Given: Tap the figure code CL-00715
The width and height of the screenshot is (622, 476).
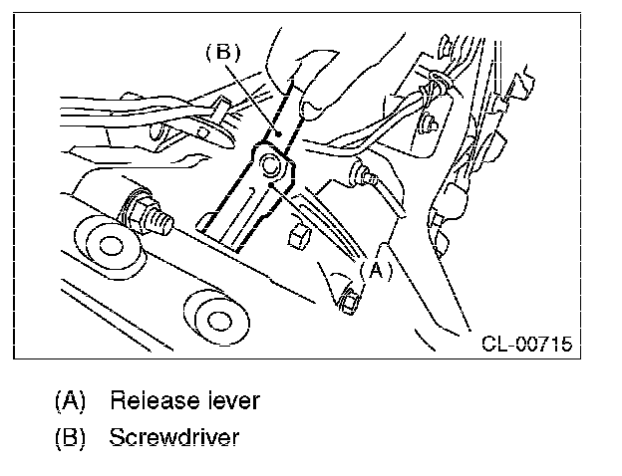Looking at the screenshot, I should pos(526,345).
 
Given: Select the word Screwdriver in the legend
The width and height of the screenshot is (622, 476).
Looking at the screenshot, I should pos(174,436).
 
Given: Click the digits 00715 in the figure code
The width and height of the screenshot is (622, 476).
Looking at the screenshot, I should pos(544,345).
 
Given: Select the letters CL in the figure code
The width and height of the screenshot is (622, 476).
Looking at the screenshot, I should pos(493,345).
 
